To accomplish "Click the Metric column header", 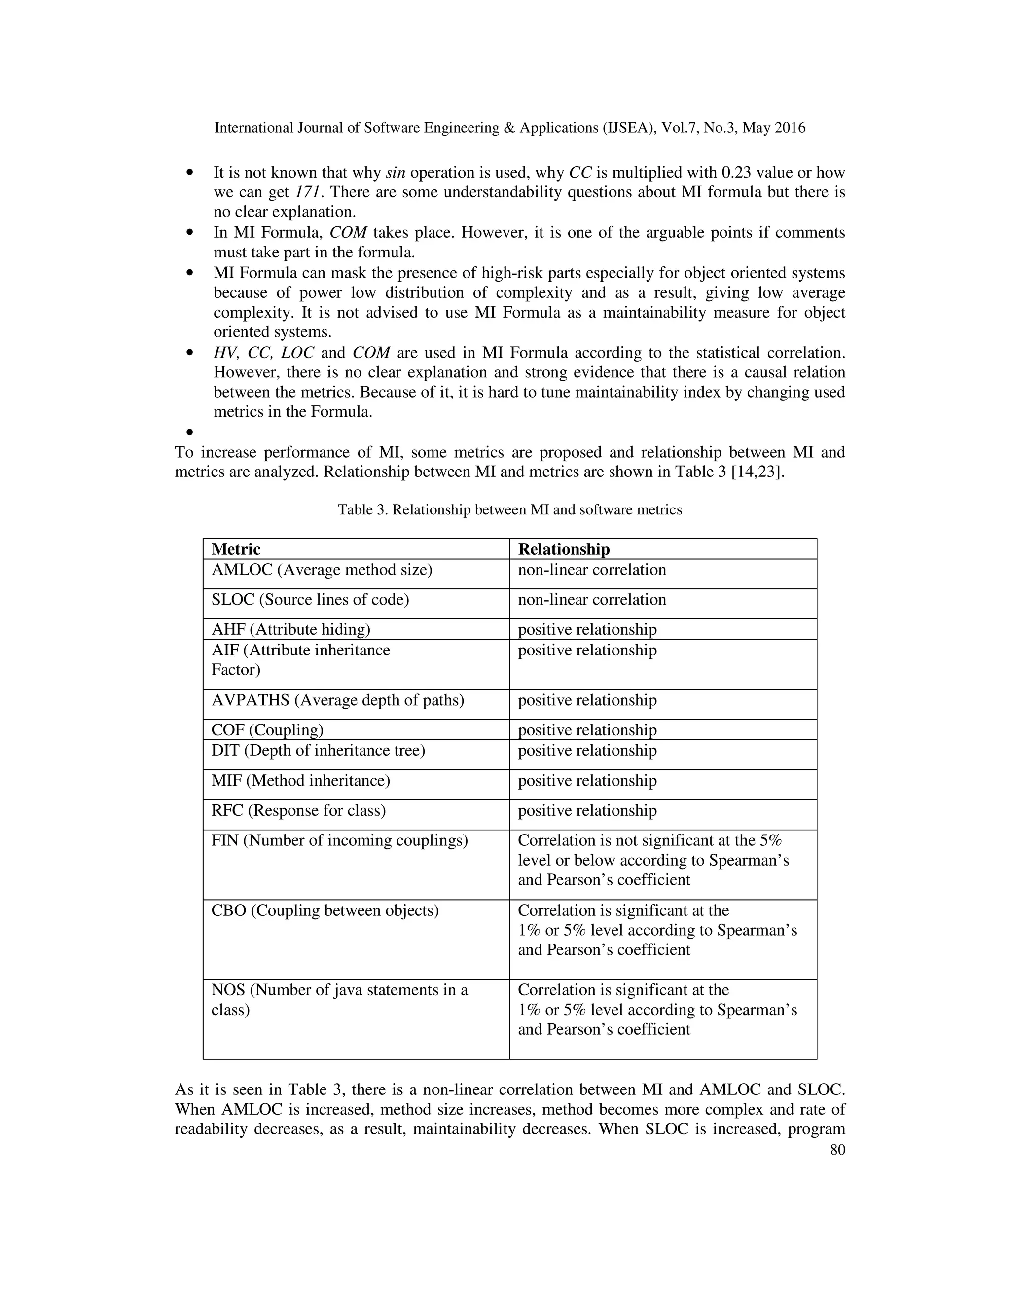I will pos(236,549).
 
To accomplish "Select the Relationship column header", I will pos(564,549).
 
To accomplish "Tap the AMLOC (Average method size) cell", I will pos(322,570).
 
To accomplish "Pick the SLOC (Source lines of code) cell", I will pos(310,600).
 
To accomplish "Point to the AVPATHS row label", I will pos(337,700).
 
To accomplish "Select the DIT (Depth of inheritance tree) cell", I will pos(318,751).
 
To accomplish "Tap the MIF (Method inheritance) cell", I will pos(300,780).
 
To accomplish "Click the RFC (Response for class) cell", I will pos(298,810).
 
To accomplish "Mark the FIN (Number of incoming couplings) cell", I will pos(339,840).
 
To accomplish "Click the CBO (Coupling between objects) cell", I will pos(325,910).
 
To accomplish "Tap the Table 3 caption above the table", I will pos(510,510).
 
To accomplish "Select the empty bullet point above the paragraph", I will pos(190,432).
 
